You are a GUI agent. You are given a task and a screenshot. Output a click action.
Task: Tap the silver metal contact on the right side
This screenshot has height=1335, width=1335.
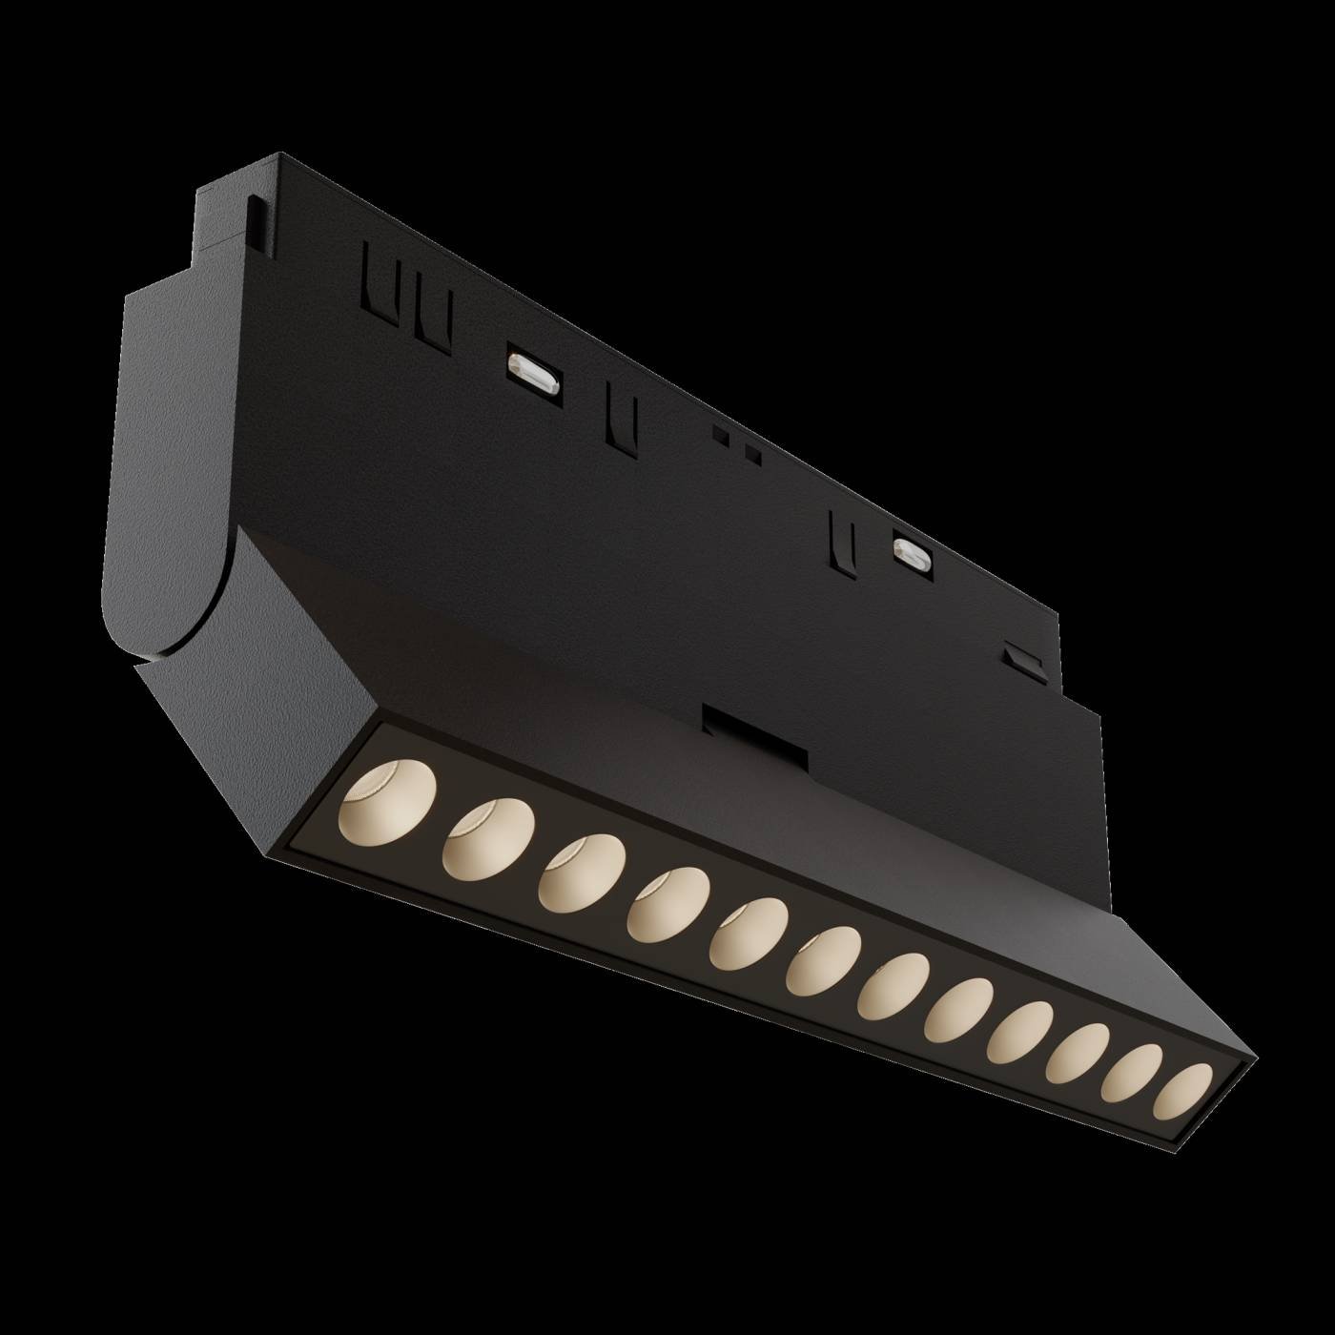click(x=911, y=550)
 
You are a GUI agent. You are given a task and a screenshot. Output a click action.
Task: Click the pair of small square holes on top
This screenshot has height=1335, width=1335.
click(x=739, y=446)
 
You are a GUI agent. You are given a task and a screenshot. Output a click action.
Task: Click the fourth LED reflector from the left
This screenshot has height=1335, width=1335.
click(x=667, y=904)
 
